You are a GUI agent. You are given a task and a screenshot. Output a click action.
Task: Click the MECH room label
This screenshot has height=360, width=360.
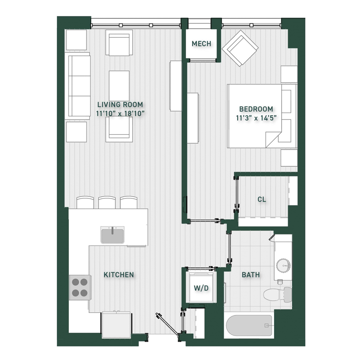(x=201, y=44)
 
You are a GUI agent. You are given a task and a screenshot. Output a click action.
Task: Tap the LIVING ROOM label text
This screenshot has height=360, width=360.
(x=120, y=105)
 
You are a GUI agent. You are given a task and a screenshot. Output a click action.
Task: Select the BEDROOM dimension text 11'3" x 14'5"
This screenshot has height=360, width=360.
(x=256, y=118)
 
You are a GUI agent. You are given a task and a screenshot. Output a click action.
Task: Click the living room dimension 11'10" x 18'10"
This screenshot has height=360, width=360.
(x=120, y=114)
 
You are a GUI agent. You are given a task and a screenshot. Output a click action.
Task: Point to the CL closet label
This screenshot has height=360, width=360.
(x=262, y=199)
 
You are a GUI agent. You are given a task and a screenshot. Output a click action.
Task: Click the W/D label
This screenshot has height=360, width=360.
(x=201, y=288)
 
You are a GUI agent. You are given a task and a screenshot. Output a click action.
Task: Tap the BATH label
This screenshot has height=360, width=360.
(x=251, y=274)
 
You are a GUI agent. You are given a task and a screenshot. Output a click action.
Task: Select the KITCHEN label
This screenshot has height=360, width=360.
(x=119, y=274)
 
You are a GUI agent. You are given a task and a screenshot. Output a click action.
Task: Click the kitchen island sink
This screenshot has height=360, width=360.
(x=112, y=235)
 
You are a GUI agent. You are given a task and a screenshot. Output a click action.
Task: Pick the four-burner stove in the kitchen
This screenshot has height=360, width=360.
(x=80, y=288)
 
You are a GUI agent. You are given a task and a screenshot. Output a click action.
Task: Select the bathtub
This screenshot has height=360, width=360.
(x=249, y=325)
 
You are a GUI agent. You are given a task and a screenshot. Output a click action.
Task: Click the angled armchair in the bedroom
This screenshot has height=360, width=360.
(x=240, y=48)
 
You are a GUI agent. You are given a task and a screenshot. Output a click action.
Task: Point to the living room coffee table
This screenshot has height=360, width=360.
(x=119, y=86)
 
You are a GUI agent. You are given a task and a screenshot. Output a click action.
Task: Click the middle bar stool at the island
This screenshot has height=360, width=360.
(x=107, y=202)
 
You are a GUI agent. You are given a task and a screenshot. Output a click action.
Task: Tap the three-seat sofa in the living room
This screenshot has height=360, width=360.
(x=78, y=86)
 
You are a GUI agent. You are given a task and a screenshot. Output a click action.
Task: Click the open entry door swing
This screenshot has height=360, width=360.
(x=167, y=324)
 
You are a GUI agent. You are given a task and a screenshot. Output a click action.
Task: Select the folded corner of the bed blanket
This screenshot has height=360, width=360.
(x=274, y=139)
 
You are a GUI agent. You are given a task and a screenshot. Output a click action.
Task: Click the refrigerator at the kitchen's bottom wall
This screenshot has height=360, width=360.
(x=117, y=325)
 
